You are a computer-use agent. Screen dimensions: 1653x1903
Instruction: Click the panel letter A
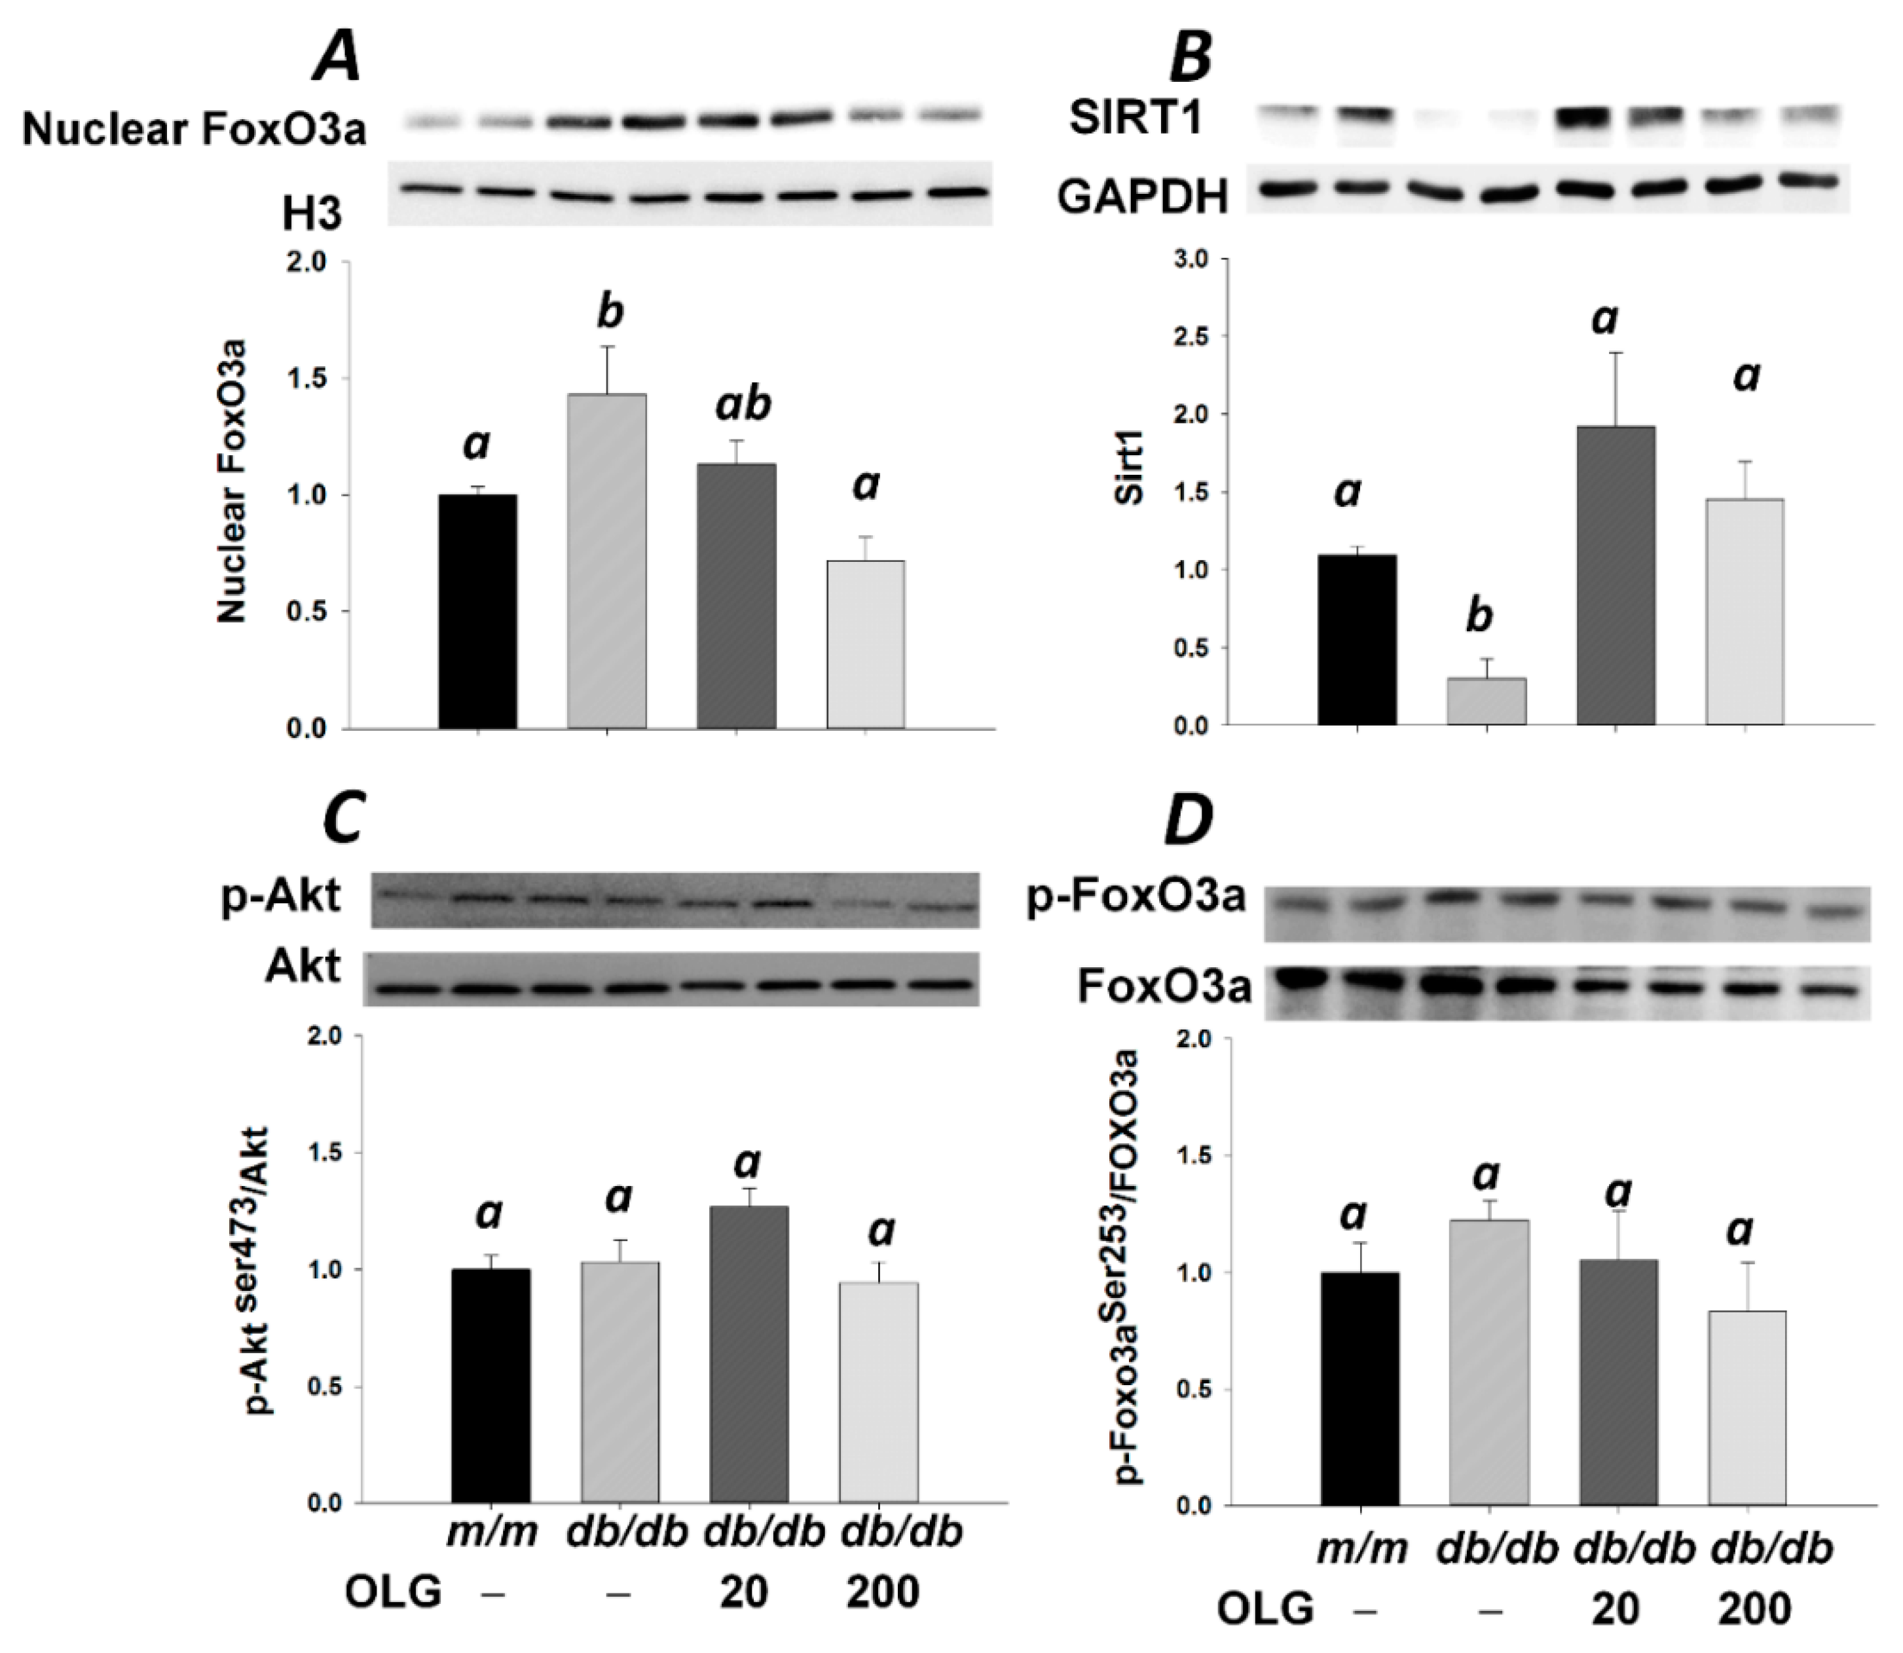pos(338,57)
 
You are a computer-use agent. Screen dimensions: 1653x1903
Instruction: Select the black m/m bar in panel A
pos(478,612)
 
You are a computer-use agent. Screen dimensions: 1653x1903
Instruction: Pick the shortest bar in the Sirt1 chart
pos(1486,701)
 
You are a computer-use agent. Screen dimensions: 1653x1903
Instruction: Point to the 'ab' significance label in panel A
pos(743,404)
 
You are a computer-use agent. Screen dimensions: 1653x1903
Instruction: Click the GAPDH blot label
pos(1142,196)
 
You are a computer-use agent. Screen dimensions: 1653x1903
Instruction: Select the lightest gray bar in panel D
pos(1746,1407)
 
